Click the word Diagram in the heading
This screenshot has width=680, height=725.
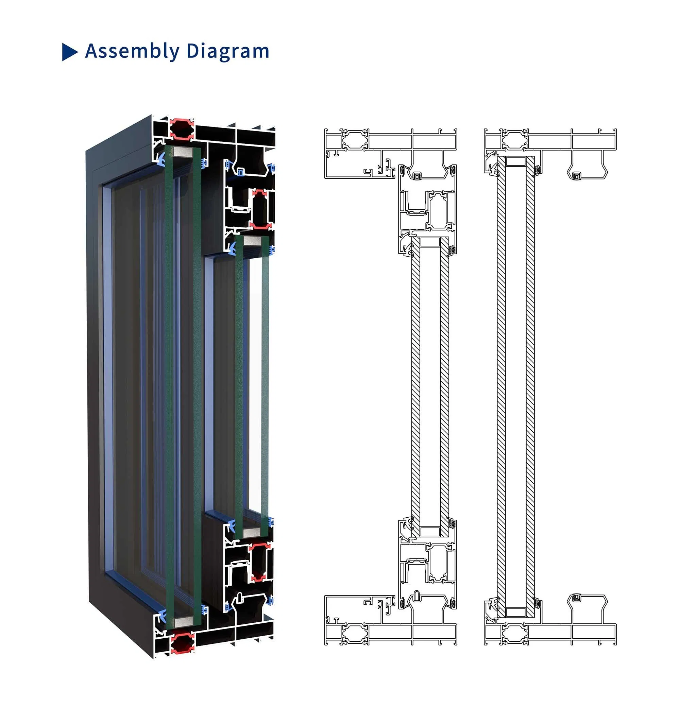click(228, 51)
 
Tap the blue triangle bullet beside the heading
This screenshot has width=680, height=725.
click(69, 52)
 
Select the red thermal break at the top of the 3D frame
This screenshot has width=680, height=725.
click(181, 129)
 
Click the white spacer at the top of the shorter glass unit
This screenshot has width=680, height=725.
click(252, 240)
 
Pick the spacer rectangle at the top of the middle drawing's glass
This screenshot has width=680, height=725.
click(430, 242)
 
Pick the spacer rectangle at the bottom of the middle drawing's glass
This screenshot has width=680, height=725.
click(430, 531)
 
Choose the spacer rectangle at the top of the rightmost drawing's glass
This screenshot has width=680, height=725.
click(515, 161)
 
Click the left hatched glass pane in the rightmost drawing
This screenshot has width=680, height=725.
click(501, 386)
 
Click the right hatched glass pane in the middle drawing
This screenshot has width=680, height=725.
click(444, 386)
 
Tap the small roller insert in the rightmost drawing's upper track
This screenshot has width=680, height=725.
click(576, 177)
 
